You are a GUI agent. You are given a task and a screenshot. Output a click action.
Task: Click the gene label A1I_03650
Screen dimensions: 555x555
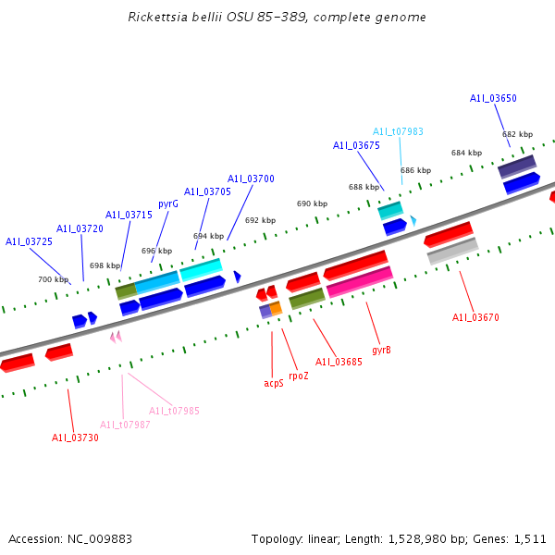[x=493, y=98]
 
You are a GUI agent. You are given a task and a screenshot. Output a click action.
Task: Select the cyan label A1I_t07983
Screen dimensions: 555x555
[x=398, y=131]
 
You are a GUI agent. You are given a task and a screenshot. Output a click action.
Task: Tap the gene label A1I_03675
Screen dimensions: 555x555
[x=356, y=145]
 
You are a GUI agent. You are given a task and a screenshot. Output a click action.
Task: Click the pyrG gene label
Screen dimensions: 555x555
[x=168, y=203]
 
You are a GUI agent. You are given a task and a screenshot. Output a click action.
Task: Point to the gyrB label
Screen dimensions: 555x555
[x=381, y=351]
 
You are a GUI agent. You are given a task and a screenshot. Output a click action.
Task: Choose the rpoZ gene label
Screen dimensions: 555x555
[x=299, y=376]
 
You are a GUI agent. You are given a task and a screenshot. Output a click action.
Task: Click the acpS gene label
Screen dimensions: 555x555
[x=274, y=383]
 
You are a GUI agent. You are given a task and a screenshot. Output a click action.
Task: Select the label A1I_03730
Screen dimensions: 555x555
[x=75, y=438]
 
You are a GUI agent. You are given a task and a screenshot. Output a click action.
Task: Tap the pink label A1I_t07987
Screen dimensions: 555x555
[x=125, y=425]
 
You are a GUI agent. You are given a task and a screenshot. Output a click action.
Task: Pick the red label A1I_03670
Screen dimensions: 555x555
[x=475, y=317]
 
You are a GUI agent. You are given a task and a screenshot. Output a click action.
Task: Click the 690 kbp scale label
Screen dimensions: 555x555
[x=312, y=203]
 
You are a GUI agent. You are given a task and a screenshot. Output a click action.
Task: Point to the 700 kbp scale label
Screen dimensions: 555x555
[x=53, y=279]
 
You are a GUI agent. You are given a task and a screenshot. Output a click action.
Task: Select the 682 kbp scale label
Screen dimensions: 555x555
[x=517, y=134]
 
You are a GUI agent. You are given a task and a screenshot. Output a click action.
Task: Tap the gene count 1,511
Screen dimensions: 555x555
[x=529, y=538]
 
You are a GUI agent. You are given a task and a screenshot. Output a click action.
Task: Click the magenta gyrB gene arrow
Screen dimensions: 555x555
[x=360, y=281]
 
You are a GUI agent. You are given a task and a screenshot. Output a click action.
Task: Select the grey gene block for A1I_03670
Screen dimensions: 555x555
[x=452, y=251]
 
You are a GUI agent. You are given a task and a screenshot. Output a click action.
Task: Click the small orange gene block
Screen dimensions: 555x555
[x=276, y=308]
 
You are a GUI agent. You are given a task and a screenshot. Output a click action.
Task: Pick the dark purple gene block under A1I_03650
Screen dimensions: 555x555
[x=517, y=166]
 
